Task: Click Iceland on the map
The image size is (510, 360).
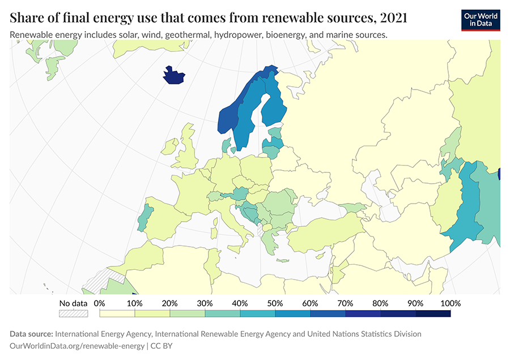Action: [174, 76]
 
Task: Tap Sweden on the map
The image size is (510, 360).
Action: [246, 122]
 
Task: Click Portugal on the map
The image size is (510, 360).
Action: [145, 217]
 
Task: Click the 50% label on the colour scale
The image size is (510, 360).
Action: [274, 303]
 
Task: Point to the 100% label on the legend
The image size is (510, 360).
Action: [450, 303]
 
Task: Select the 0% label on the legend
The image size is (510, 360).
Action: [99, 303]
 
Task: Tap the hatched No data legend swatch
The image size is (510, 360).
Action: [74, 313]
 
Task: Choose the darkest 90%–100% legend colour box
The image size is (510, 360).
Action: [433, 313]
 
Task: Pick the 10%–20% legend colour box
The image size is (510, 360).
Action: [152, 313]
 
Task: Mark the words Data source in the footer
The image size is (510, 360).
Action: [31, 334]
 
